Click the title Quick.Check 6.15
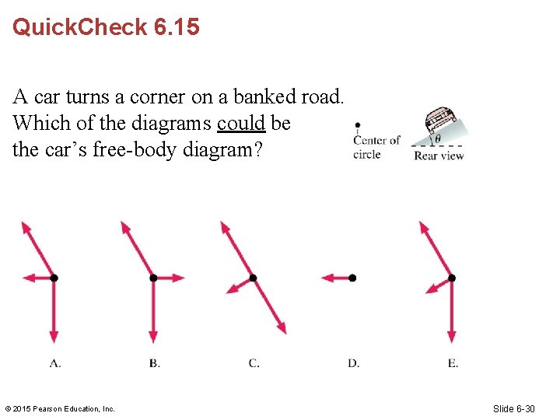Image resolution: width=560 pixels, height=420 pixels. coord(106,28)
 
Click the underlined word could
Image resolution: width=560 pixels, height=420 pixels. coord(241,124)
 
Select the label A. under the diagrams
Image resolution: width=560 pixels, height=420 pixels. coord(55,362)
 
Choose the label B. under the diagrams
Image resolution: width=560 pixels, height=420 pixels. coord(154,362)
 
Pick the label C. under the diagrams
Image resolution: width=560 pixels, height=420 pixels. coord(254,362)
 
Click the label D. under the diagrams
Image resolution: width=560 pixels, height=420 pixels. coord(353,362)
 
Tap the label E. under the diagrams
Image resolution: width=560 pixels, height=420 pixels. coord(453,362)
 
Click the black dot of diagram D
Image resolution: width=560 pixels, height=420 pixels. coord(352,278)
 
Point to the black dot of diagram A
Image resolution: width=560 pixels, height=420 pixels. coord(54,278)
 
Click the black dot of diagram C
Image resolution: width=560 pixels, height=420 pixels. coord(253,278)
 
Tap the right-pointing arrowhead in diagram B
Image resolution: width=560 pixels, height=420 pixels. coord(180,278)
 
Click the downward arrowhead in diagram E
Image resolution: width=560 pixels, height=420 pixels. coord(452,337)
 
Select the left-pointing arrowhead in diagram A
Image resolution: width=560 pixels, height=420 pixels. coord(28,278)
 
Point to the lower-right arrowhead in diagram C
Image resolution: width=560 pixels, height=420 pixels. coord(282,328)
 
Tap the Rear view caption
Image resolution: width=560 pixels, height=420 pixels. coord(439,156)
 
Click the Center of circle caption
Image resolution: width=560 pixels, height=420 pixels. coord(376,147)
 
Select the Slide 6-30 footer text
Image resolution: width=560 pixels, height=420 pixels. coord(513,408)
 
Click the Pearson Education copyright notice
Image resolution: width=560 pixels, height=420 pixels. coord(60,408)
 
